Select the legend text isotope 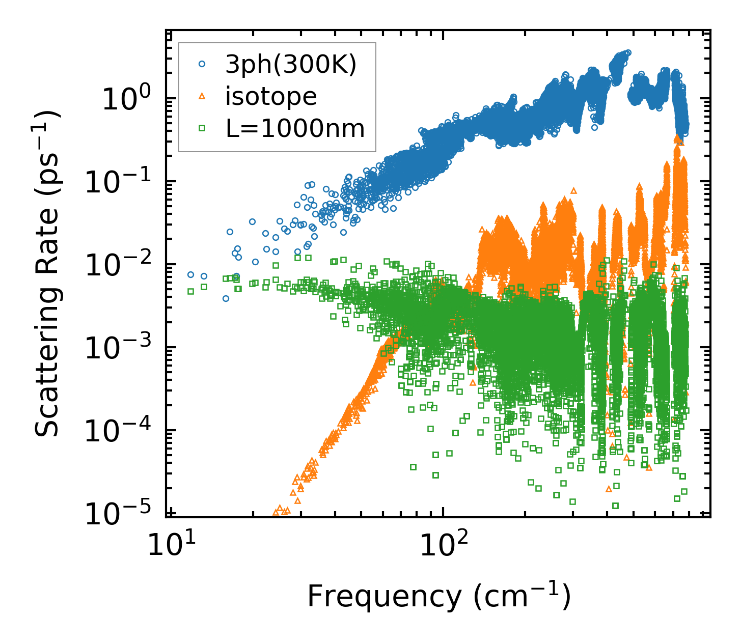pyautogui.click(x=271, y=96)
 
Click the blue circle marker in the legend pyautogui.click(x=202, y=65)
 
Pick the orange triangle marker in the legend pyautogui.click(x=202, y=96)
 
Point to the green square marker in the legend pyautogui.click(x=202, y=128)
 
